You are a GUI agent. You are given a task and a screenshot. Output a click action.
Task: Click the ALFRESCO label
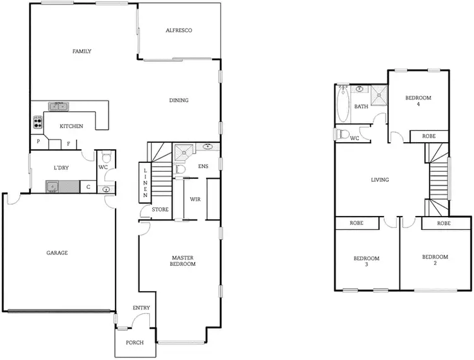(x=178, y=30)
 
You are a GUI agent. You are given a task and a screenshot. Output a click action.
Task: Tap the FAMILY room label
(x=82, y=51)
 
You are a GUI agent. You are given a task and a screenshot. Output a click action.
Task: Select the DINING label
(x=179, y=100)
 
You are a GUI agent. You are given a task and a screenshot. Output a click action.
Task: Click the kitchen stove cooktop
(x=37, y=122)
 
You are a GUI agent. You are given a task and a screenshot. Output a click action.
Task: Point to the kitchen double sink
(x=59, y=106)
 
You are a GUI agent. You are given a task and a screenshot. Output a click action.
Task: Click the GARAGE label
(x=57, y=253)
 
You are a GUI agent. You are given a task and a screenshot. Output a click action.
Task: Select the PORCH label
(x=135, y=342)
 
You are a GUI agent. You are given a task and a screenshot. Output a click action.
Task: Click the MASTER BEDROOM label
(x=183, y=261)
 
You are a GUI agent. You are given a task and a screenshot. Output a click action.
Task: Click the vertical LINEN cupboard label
(x=145, y=184)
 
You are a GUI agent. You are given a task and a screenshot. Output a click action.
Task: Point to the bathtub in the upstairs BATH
(x=343, y=105)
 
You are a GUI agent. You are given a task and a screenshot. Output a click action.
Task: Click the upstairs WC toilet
(x=343, y=134)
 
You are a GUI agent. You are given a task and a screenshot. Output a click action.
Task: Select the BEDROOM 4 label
(x=418, y=101)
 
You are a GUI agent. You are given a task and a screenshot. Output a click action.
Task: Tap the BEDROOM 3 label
(x=366, y=261)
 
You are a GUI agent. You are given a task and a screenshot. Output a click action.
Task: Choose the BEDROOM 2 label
(x=435, y=260)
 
